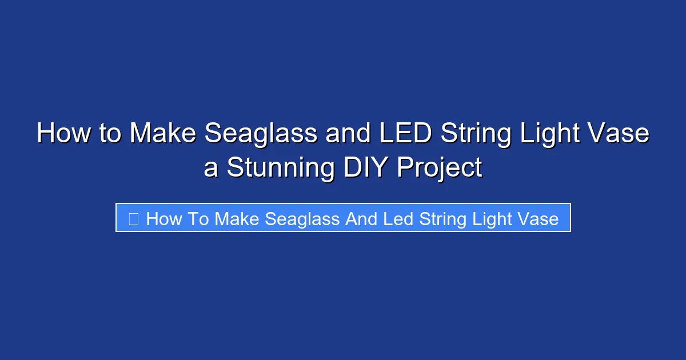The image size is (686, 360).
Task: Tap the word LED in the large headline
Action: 398,134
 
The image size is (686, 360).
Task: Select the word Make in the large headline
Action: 163,134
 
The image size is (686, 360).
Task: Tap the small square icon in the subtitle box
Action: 133,218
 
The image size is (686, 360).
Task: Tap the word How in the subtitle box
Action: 163,218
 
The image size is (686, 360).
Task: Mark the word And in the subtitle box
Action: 361,218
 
